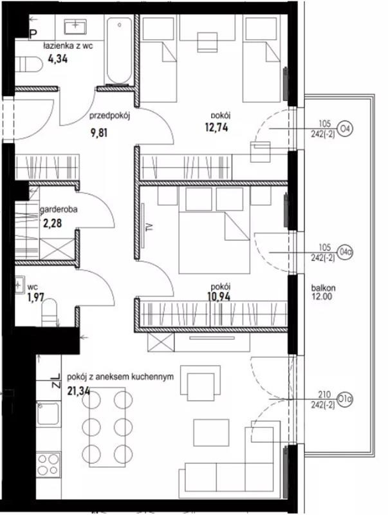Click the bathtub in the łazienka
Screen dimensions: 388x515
point(119,50)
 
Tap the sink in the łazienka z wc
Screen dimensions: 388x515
point(75,26)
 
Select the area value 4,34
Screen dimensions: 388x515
point(58,59)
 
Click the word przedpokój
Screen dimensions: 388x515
point(110,116)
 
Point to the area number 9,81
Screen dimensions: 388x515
point(99,133)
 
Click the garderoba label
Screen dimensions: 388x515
point(59,210)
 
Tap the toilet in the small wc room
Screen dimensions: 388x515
point(50,312)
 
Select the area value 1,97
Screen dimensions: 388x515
point(36,297)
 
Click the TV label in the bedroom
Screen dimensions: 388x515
point(151,226)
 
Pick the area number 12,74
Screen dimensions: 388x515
point(216,127)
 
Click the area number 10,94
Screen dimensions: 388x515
point(219,297)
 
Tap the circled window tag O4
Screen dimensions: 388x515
point(345,128)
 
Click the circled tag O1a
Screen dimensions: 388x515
point(345,399)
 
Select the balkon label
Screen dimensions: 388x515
point(323,288)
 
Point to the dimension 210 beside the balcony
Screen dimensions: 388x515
point(324,395)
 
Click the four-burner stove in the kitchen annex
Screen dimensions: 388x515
point(48,465)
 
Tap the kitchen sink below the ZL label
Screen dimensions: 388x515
point(48,413)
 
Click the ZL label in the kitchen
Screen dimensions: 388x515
point(56,380)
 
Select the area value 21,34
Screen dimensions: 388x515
point(79,391)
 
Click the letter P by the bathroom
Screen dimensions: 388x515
point(33,34)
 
